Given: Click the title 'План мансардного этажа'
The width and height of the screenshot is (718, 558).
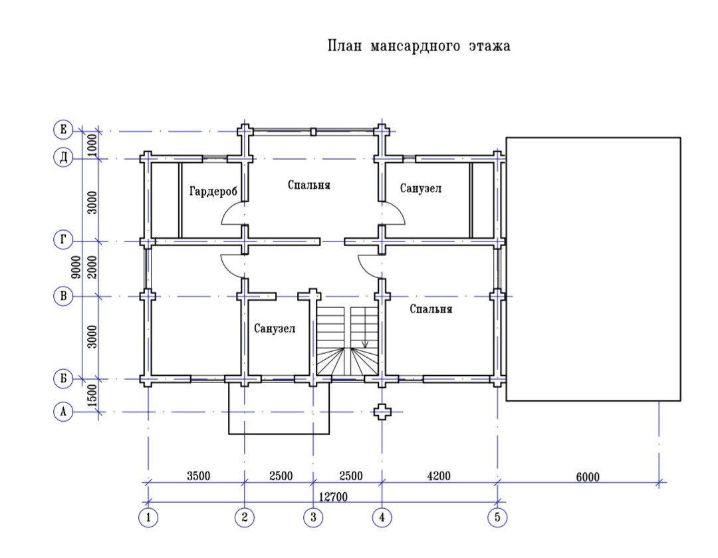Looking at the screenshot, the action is (419, 47).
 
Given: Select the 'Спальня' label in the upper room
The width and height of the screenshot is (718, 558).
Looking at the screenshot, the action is (309, 184).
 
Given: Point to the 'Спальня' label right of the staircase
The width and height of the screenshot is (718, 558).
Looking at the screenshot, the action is (431, 309).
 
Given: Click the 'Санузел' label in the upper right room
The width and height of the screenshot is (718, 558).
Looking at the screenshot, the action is (421, 189).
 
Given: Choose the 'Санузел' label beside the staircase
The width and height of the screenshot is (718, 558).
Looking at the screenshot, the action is (275, 328).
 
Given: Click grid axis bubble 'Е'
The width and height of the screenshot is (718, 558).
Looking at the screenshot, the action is (62, 130).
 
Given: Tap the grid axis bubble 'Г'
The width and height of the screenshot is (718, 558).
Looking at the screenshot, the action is (62, 241).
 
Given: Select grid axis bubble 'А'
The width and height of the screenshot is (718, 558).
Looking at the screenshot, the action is (62, 412).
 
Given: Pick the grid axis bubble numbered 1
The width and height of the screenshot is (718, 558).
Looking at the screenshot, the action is (148, 517).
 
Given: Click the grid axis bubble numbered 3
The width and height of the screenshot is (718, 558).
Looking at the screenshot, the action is (313, 517).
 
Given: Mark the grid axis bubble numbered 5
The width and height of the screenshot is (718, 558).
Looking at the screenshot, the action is (497, 517).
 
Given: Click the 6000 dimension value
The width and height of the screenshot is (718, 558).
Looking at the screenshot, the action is (587, 476).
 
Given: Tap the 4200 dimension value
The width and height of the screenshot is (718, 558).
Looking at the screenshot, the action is (439, 476).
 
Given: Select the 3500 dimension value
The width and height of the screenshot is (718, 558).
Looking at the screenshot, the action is (199, 476).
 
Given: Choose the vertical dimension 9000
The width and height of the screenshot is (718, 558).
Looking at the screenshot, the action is (78, 266).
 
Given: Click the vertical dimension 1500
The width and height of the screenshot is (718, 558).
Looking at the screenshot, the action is (92, 396).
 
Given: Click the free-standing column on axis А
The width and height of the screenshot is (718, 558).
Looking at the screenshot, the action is (382, 412).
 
